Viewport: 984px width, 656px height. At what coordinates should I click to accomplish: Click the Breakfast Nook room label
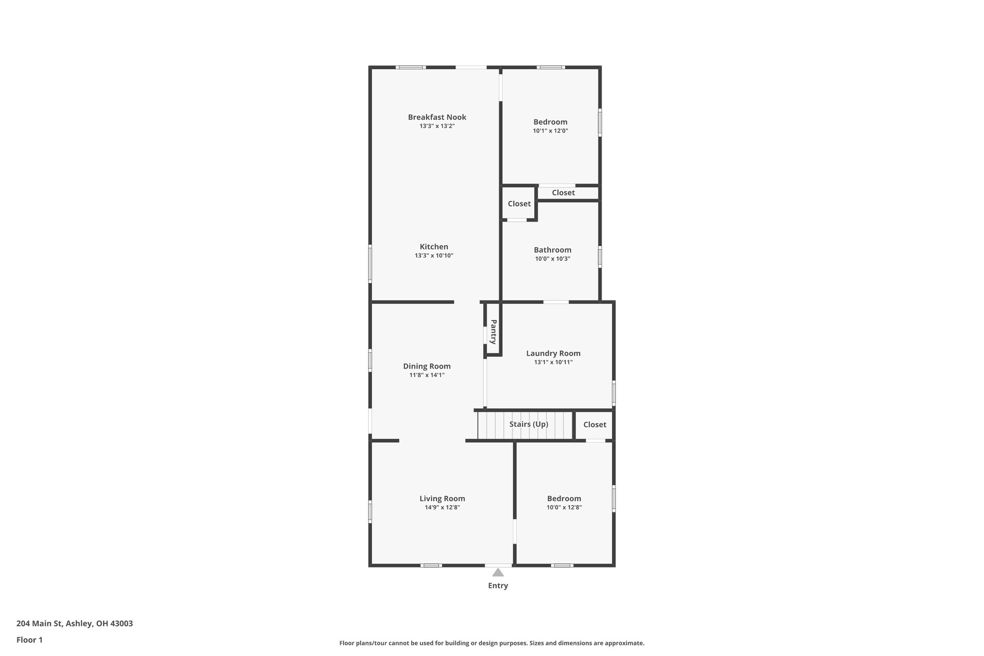(437, 117)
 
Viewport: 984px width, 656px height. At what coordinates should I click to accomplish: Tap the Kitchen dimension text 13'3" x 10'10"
(434, 256)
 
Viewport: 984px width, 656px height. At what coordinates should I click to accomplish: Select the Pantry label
(493, 332)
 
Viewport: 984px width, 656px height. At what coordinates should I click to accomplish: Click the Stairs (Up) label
(529, 424)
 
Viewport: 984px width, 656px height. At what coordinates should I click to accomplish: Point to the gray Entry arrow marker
(498, 572)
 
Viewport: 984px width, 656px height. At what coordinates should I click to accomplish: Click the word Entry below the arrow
(498, 585)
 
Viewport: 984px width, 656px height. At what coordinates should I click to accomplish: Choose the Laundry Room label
(553, 354)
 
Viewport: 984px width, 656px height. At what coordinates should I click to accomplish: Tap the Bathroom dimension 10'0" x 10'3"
(553, 259)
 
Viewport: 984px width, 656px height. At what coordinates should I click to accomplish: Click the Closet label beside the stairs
(594, 425)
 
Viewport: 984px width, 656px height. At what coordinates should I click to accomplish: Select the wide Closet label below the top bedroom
(563, 193)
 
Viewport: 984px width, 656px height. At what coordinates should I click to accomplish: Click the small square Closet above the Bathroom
(519, 204)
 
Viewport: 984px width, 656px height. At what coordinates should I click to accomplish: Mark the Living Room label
(442, 499)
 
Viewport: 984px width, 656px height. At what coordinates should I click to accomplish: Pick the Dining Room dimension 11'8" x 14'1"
(427, 375)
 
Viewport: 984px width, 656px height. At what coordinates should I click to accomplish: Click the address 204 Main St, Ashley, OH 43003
(74, 624)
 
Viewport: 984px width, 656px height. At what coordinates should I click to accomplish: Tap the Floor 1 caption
(29, 640)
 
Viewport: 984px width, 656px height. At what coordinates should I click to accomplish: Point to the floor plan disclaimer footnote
(492, 643)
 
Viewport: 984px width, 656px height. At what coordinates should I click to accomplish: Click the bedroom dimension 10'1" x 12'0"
(550, 131)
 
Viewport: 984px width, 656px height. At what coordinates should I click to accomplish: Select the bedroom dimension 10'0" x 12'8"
(564, 507)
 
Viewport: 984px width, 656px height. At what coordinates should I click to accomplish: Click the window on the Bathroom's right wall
(600, 256)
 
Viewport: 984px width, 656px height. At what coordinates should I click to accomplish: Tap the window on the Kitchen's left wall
(370, 263)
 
